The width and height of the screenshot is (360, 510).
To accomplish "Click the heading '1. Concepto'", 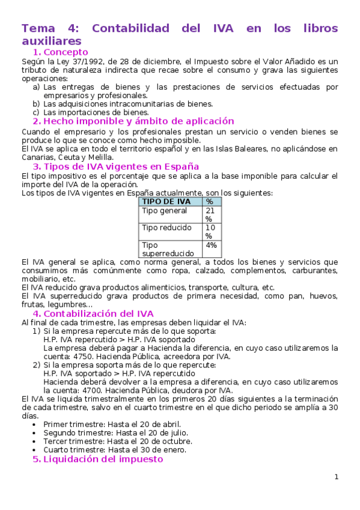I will (x=60, y=52).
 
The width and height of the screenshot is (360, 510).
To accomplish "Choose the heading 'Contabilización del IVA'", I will (x=99, y=313).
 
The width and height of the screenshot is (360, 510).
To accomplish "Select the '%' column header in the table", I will (x=209, y=201).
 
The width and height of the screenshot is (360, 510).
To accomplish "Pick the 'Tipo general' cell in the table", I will (x=164, y=211).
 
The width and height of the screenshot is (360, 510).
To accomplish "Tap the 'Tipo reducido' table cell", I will (x=166, y=228).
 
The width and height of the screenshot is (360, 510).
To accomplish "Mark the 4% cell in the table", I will (x=212, y=245).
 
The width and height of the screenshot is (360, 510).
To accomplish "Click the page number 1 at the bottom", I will (x=337, y=477).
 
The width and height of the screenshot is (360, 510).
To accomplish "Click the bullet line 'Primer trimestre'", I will (x=112, y=424).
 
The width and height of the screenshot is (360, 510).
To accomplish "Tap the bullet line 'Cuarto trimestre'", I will (x=114, y=449).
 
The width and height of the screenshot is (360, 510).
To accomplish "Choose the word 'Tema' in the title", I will (x=38, y=28).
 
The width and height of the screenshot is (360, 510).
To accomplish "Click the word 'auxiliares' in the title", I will (x=51, y=41).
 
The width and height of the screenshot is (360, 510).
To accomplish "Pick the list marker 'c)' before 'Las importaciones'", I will (x=36, y=112).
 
